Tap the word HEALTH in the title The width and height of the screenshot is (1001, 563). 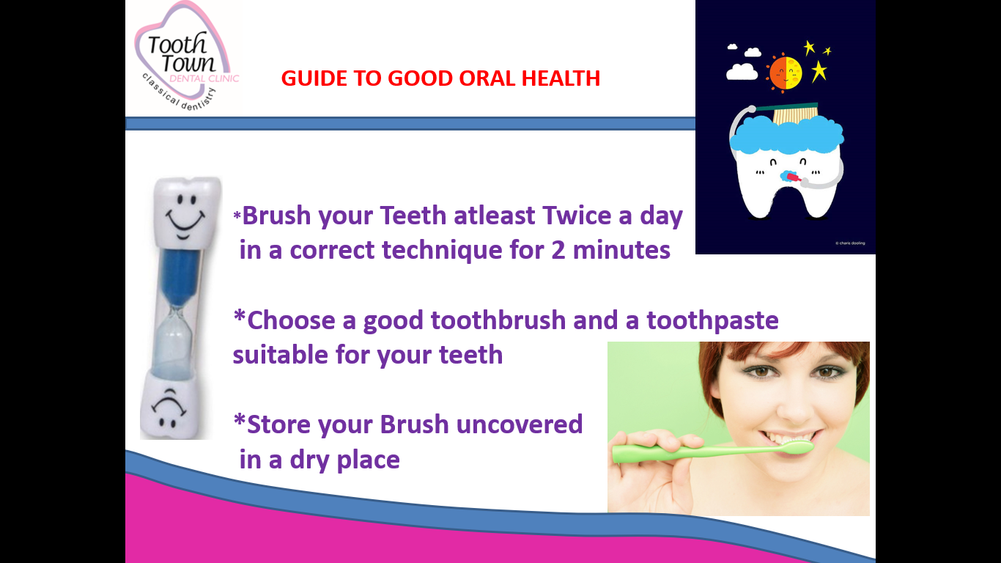click(x=561, y=78)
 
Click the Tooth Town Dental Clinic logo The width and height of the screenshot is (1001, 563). click(x=187, y=56)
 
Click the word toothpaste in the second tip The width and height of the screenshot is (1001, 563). click(x=713, y=321)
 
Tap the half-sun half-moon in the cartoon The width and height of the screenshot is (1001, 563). click(x=785, y=73)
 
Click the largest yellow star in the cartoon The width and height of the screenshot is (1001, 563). click(x=819, y=71)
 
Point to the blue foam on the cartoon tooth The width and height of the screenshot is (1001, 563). click(x=786, y=134)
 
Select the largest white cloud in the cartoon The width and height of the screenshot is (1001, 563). click(x=742, y=72)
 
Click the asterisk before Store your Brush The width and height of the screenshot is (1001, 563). click(x=240, y=420)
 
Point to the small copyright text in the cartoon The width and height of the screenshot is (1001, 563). click(x=850, y=243)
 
